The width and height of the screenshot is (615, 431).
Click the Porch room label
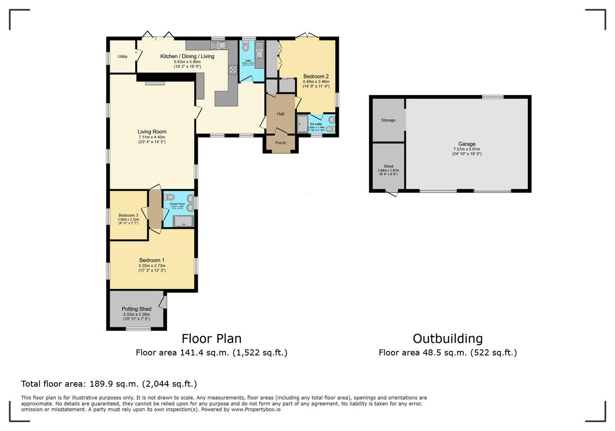280,143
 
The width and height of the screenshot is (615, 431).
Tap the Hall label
280,114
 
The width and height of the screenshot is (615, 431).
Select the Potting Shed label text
136,309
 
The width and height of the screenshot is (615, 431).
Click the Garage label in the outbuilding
466,144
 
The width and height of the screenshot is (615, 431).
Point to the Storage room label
388,120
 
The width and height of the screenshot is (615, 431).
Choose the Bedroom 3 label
128,215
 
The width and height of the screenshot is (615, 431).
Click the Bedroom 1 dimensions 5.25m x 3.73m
152,265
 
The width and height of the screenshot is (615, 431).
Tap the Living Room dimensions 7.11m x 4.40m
152,137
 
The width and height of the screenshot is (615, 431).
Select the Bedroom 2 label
316,76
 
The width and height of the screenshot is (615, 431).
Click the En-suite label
316,124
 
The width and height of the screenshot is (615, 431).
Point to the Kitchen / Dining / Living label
187,56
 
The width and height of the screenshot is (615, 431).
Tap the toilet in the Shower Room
170,197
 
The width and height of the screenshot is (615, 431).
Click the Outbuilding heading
447,339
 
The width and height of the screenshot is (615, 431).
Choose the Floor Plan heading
211,339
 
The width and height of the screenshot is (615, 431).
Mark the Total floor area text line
109,384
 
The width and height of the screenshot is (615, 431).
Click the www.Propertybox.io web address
255,409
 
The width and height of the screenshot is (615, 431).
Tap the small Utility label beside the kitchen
122,56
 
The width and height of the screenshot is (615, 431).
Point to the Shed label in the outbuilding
388,167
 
